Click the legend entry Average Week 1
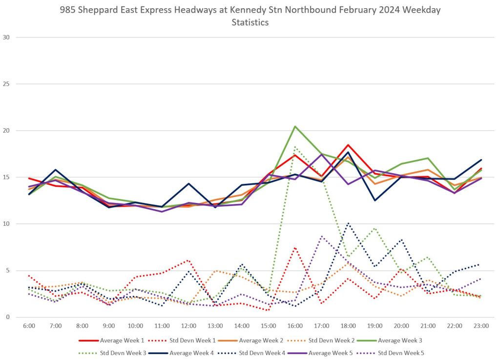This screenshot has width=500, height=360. tap(115, 340)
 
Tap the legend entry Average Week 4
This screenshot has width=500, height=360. tap(190, 353)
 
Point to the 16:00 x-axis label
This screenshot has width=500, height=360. tap(295, 325)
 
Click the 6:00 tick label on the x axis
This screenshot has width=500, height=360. tap(29, 325)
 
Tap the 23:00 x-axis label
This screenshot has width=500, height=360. tap(481, 325)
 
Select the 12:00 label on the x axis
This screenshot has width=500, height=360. tap(188, 325)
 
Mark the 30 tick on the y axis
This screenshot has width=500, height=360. tap(6, 37)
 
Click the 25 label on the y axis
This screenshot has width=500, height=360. tap(6, 84)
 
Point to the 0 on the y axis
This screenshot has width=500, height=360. tap(8, 317)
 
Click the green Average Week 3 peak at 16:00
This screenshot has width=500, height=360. tap(295, 126)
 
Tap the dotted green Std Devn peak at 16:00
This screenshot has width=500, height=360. tap(295, 147)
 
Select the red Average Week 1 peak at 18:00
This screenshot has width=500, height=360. tap(348, 145)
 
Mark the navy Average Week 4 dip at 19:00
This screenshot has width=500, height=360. tap(375, 200)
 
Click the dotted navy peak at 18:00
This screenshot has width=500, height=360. tap(348, 223)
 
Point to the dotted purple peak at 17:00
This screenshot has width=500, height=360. tap(321, 236)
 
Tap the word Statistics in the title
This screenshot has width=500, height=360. tap(250, 22)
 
